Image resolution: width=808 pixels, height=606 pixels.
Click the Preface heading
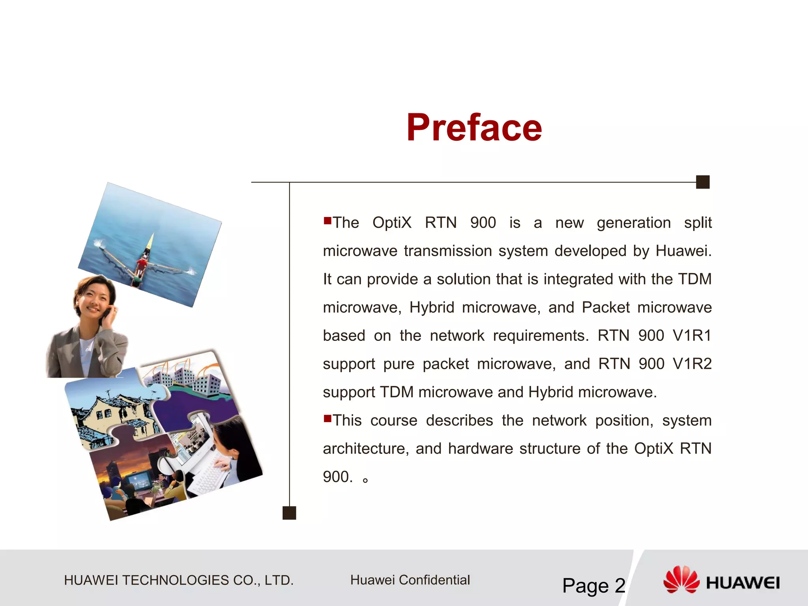(474, 127)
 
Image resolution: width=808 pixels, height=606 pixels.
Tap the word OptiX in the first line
(391, 223)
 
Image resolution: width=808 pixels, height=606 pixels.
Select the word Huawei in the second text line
(683, 251)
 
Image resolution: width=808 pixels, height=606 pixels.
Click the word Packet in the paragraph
(606, 307)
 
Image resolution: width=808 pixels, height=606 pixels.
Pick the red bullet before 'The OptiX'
(327, 220)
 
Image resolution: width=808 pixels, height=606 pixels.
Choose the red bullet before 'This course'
(327, 418)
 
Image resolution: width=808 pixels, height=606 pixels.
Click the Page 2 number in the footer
(593, 585)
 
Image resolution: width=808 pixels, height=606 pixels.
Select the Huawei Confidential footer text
(410, 580)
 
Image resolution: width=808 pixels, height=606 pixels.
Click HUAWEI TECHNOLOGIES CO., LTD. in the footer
(179, 580)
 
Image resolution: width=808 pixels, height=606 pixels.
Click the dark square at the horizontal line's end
(703, 182)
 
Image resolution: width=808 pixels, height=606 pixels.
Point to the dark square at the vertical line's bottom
(289, 513)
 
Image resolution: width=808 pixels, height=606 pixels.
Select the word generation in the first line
(634, 223)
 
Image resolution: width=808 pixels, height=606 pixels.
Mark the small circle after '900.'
(366, 480)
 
